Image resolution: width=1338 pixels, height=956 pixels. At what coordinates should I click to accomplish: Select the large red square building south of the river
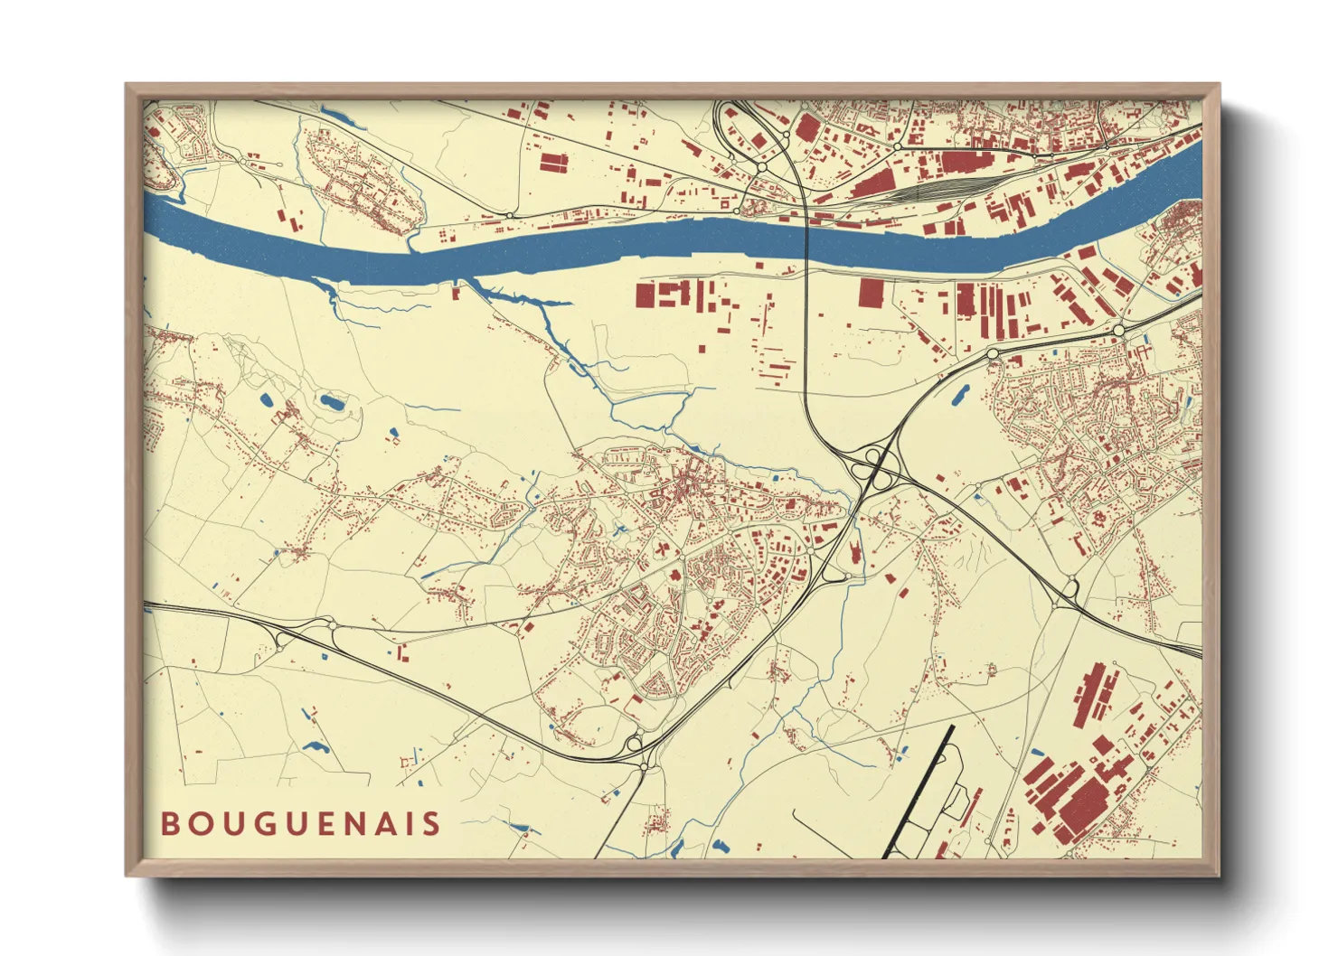pyautogui.click(x=872, y=293)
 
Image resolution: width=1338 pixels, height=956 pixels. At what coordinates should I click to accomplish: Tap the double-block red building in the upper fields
pyautogui.click(x=553, y=163)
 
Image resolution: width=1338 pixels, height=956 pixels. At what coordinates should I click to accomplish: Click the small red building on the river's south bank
pyautogui.click(x=457, y=291)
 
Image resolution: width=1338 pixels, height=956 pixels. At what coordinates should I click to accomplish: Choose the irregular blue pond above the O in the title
pyautogui.click(x=316, y=747)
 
